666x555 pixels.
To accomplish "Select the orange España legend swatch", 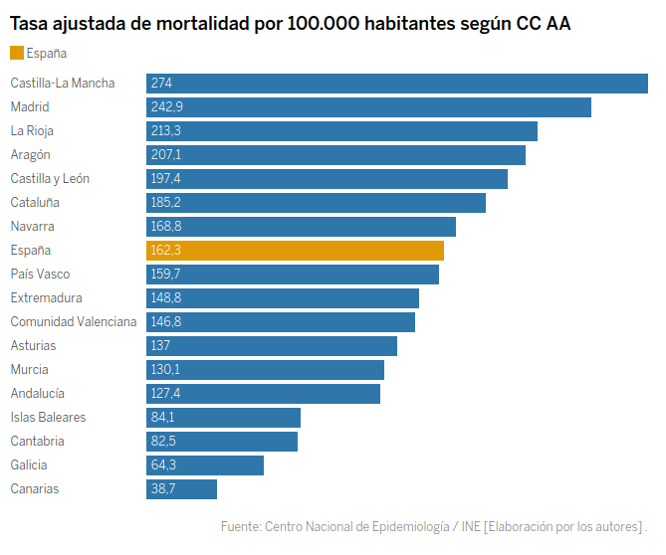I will pyautogui.click(x=17, y=53).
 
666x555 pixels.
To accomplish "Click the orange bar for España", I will pyautogui.click(x=295, y=251).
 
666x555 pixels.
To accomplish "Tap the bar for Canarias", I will pyautogui.click(x=181, y=489).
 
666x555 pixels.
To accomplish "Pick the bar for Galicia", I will pyautogui.click(x=205, y=465).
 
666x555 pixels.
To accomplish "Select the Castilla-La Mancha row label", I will pyautogui.click(x=63, y=84).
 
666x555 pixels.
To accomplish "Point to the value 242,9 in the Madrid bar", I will pyautogui.click(x=167, y=107).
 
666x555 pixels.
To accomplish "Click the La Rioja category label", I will pyautogui.click(x=32, y=131).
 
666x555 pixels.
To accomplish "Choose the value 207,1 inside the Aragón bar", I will pyautogui.click(x=165, y=155).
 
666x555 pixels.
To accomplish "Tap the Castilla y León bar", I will pyautogui.click(x=327, y=179).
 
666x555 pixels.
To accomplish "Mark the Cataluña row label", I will pyautogui.click(x=35, y=203).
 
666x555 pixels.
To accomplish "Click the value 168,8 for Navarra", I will pyautogui.click(x=166, y=227).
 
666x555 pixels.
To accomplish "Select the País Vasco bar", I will pyautogui.click(x=293, y=275).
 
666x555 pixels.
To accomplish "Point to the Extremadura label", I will pyautogui.click(x=46, y=298).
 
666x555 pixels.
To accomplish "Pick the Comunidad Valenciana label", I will pyautogui.click(x=74, y=322).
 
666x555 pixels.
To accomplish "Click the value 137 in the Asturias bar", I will pyautogui.click(x=160, y=346).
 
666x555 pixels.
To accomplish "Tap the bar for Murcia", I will pyautogui.click(x=265, y=370).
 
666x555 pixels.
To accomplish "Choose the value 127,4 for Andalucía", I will pyautogui.click(x=165, y=394).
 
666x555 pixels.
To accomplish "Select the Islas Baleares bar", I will pyautogui.click(x=223, y=418).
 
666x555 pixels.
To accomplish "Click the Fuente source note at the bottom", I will pyautogui.click(x=434, y=526).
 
